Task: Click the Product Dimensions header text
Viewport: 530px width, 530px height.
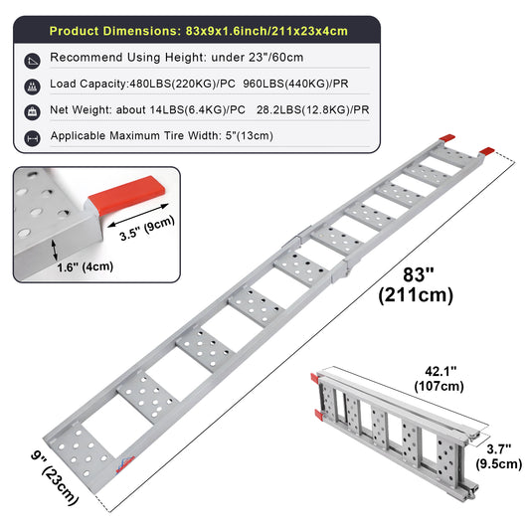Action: [x=199, y=31]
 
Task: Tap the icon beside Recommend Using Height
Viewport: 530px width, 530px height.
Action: [x=33, y=61]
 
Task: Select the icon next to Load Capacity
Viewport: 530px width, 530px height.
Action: [x=33, y=87]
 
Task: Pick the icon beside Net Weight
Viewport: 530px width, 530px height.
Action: [x=33, y=112]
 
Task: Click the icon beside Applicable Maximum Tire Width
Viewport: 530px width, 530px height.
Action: [x=33, y=138]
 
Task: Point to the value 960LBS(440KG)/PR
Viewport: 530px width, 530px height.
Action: [x=295, y=84]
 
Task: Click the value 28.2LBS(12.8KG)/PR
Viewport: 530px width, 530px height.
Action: [x=312, y=109]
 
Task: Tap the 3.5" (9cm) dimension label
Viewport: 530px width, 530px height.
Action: [x=147, y=228]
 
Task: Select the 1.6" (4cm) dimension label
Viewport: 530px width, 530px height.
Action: [x=85, y=267]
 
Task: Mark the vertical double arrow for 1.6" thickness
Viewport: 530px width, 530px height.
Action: [x=54, y=251]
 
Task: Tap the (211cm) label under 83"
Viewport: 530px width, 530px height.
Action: [x=416, y=295]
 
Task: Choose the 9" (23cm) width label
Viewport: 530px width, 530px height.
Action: [x=55, y=477]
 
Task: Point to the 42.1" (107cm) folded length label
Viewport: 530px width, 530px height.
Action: [x=440, y=379]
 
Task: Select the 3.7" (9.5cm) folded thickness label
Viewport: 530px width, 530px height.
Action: [x=499, y=456]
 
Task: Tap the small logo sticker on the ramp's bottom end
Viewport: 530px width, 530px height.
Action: [x=125, y=464]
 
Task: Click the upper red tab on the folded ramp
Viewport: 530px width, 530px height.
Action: [x=314, y=379]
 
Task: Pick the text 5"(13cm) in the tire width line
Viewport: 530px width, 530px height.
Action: [x=250, y=136]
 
